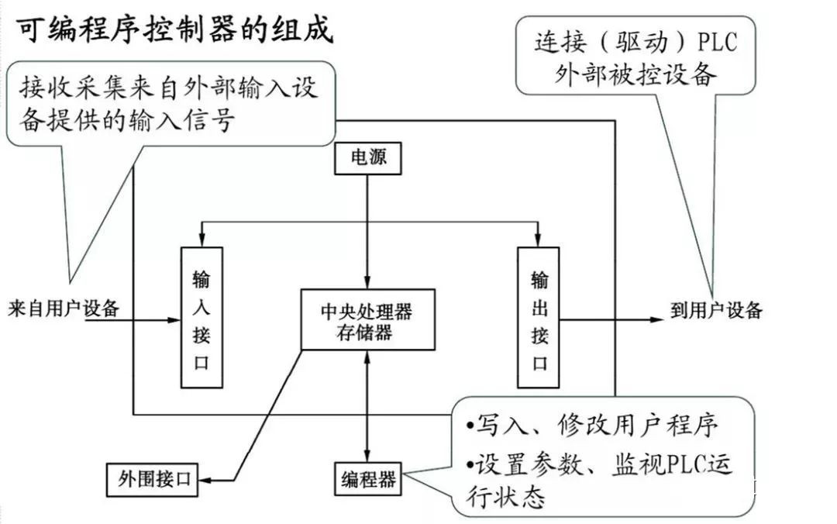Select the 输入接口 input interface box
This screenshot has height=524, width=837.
click(x=201, y=317)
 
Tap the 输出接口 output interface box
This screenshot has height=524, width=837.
click(x=539, y=317)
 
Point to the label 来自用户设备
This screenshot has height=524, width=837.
click(x=64, y=309)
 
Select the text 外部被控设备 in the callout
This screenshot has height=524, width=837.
click(x=635, y=74)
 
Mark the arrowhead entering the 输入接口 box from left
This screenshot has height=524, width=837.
click(x=175, y=319)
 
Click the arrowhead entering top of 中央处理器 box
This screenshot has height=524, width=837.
click(x=367, y=282)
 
